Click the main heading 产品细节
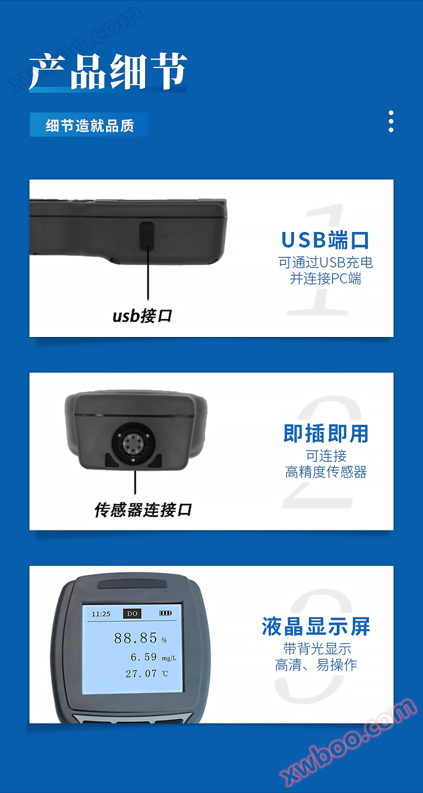click(x=108, y=71)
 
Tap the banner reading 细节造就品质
click(x=89, y=125)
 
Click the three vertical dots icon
click(x=391, y=121)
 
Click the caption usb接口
click(x=142, y=316)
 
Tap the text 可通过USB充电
click(x=326, y=263)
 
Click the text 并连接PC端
click(x=326, y=279)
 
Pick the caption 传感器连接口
click(x=143, y=510)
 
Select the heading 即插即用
click(x=326, y=433)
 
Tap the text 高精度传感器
click(x=326, y=472)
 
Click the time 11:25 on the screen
click(x=101, y=614)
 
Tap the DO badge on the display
click(x=132, y=614)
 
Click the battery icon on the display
click(x=165, y=613)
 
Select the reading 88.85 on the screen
click(x=135, y=638)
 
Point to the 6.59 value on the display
click(x=143, y=657)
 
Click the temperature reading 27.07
click(x=141, y=674)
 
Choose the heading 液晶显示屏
click(x=316, y=626)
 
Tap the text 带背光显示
click(x=317, y=648)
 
